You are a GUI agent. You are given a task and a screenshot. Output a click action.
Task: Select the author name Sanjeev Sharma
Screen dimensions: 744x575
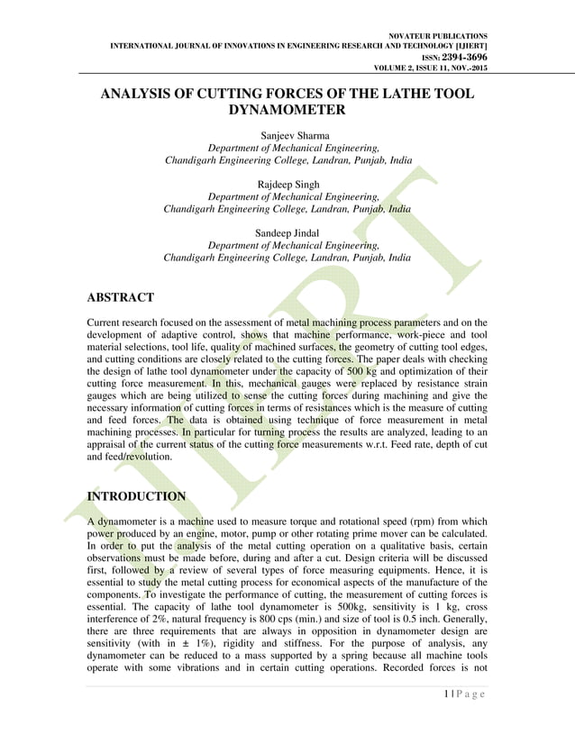[x=287, y=135]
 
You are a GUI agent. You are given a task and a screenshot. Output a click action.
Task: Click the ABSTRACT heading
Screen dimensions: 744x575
[x=120, y=297]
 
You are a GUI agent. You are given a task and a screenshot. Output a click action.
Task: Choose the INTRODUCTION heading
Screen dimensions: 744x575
[x=136, y=496]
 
